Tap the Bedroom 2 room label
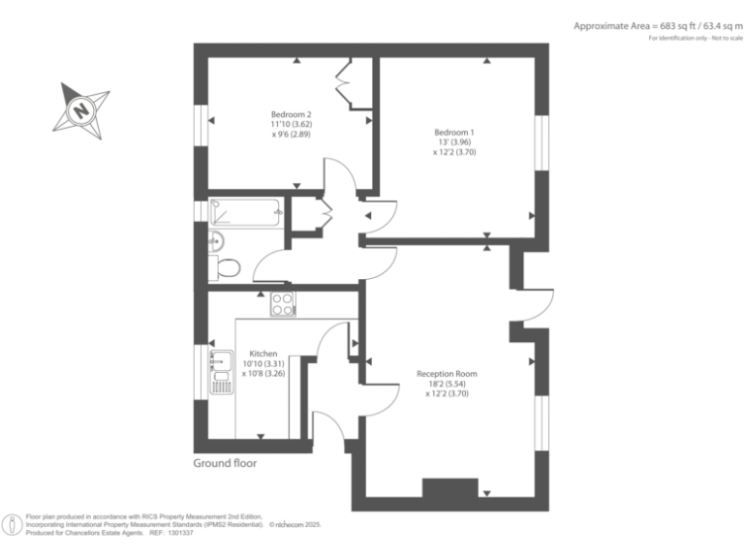point(291,114)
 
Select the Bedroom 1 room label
point(454,132)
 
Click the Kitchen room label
point(263,354)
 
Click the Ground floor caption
point(225,463)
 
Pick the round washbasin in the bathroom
point(216,240)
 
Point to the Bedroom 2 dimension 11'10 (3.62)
point(291,125)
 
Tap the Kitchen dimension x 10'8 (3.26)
point(263,374)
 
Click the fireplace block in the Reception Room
point(450,489)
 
